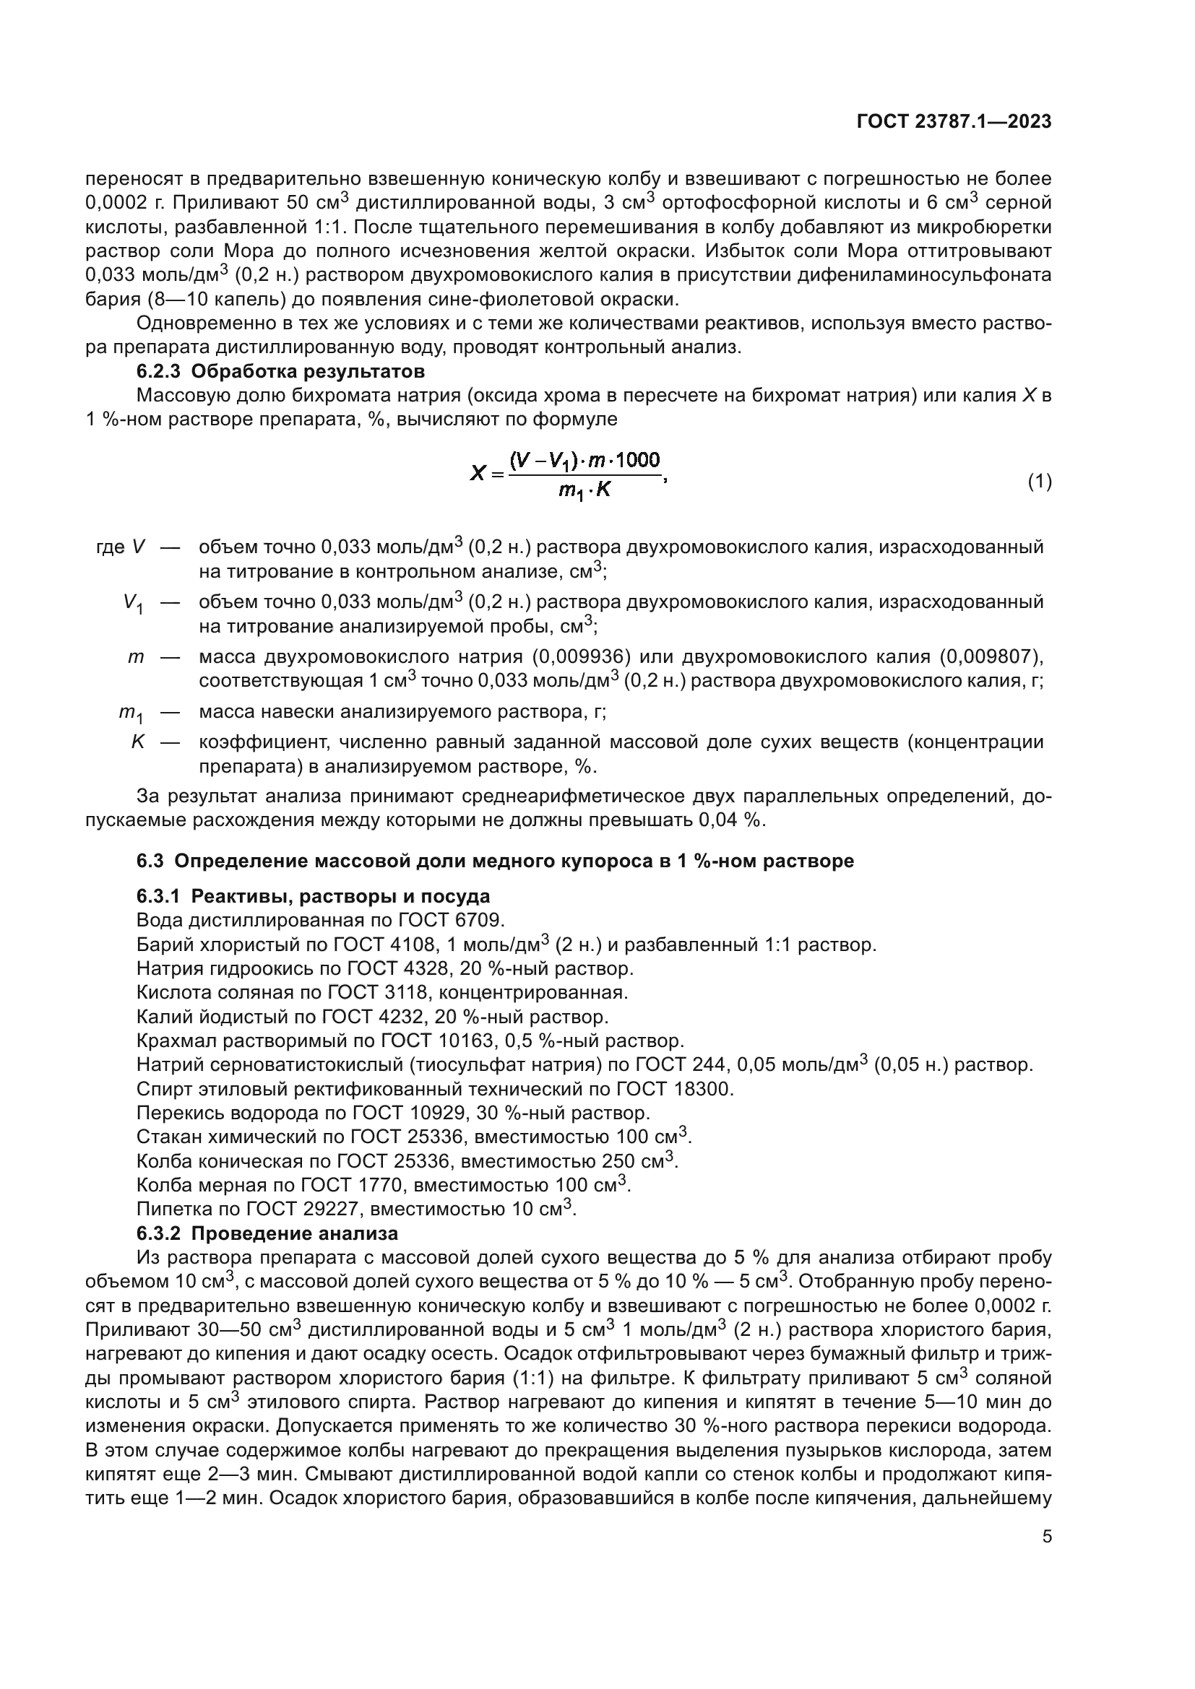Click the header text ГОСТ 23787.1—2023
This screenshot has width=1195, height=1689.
(x=954, y=122)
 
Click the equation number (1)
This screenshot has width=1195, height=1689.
(x=1039, y=482)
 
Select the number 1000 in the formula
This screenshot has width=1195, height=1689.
(x=637, y=461)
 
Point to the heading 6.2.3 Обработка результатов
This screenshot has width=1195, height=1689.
(x=280, y=370)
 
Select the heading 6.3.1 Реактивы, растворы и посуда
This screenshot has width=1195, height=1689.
(x=313, y=897)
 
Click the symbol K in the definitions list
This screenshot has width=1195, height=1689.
(x=138, y=742)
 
